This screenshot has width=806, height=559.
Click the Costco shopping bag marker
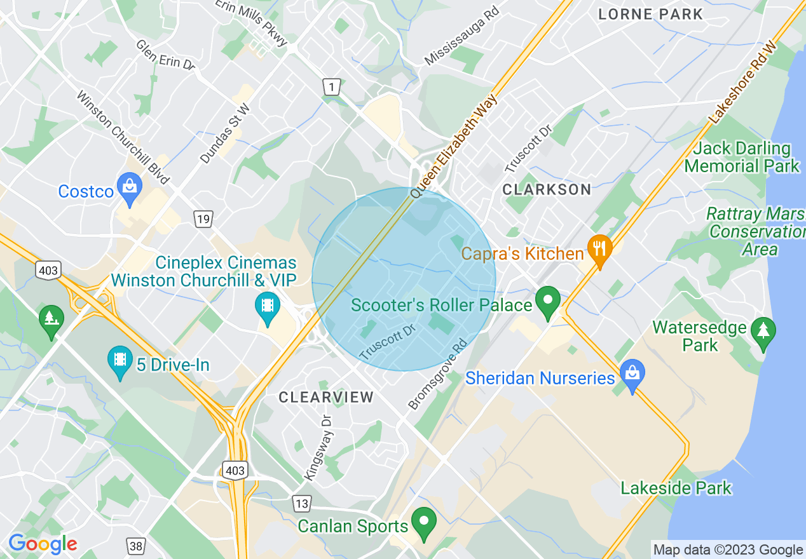click(x=130, y=188)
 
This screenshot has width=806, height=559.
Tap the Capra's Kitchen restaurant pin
click(x=599, y=250)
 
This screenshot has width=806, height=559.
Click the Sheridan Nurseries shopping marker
click(x=632, y=375)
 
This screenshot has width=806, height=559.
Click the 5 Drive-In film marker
click(x=120, y=361)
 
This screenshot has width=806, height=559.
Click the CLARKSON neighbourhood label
click(x=547, y=189)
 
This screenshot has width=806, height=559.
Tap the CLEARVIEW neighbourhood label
click(x=327, y=398)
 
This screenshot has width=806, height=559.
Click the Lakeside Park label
click(x=676, y=488)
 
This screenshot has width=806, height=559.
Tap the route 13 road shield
click(x=302, y=504)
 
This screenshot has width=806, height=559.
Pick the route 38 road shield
click(x=135, y=545)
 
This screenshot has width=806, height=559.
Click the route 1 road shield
click(x=331, y=86)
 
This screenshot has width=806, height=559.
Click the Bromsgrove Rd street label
click(x=438, y=374)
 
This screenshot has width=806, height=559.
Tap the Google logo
click(x=43, y=544)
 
